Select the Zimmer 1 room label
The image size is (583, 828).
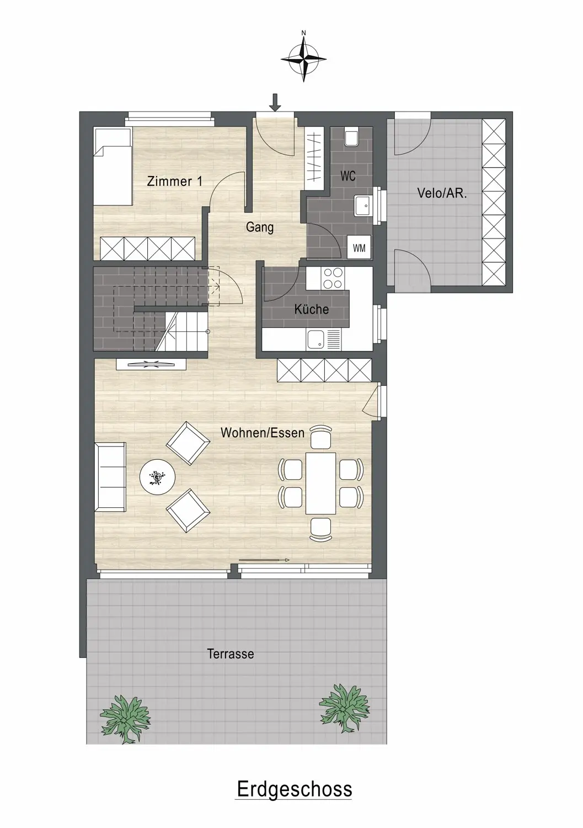(174, 182)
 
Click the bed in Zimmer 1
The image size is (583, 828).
(113, 166)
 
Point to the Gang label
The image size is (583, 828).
(260, 227)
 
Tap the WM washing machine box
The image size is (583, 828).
(359, 247)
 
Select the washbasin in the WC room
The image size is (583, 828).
(364, 205)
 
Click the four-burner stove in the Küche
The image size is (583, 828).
(333, 278)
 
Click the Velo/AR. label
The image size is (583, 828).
(442, 193)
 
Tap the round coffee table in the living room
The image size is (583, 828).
(157, 477)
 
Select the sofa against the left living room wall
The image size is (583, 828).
(110, 477)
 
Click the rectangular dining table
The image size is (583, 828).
(320, 484)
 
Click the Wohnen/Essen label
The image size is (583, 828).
(263, 432)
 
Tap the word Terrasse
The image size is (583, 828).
(231, 654)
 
